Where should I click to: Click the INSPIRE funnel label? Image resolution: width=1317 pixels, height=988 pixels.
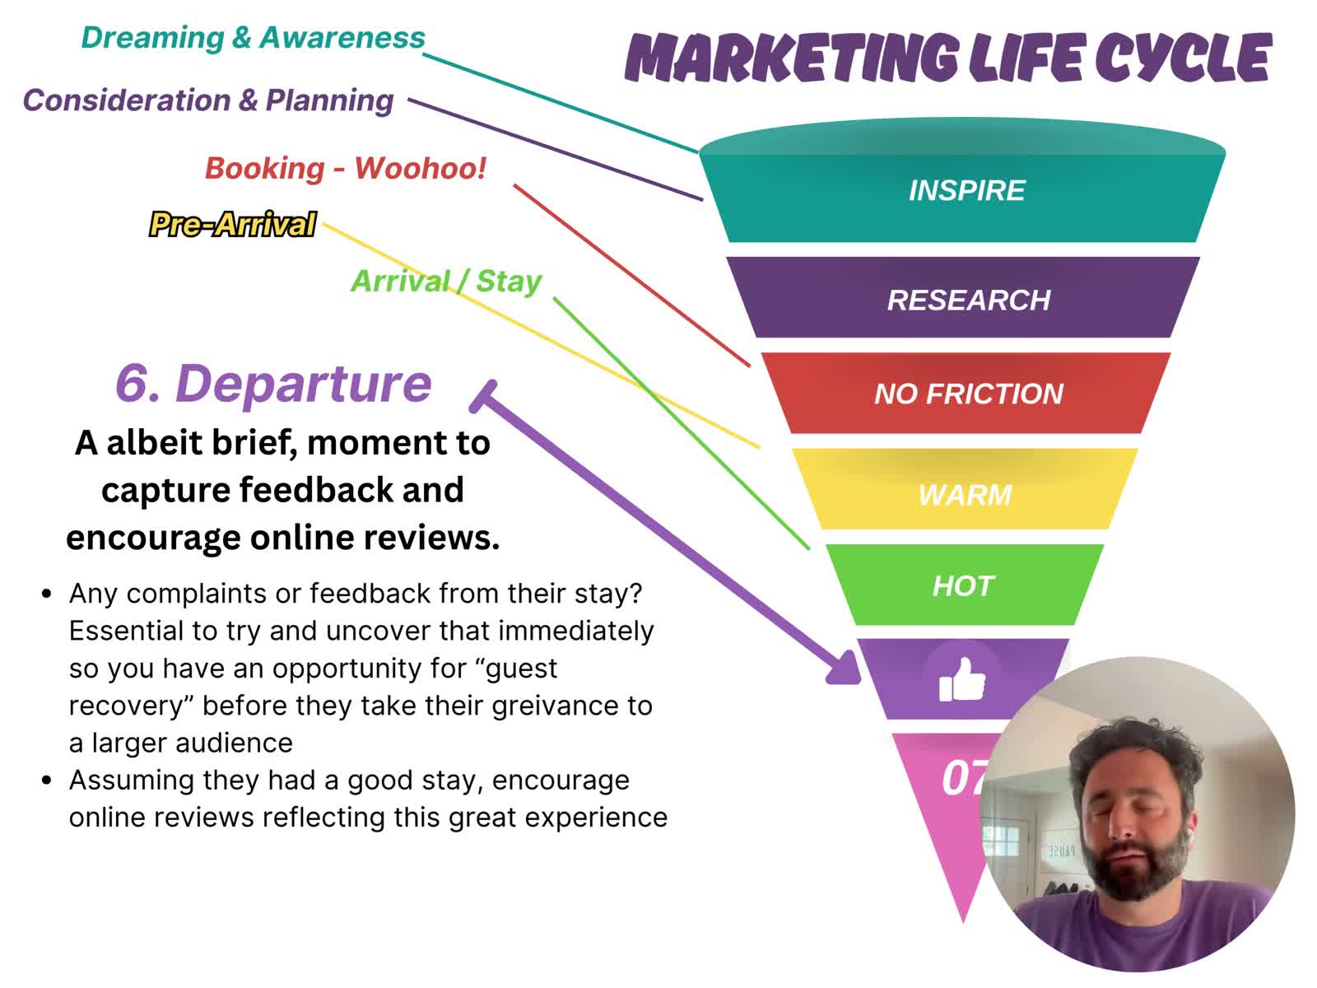point(966,191)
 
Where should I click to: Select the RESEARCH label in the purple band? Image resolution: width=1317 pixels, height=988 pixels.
point(968,300)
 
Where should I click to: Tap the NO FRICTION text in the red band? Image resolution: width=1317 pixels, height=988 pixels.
point(968,394)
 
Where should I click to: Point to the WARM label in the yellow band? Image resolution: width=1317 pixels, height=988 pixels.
point(965,496)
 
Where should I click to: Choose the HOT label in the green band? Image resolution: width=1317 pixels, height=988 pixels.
point(963,586)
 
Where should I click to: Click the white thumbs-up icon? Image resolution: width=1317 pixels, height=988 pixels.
point(961,680)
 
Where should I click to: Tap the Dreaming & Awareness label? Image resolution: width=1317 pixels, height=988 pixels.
point(253,38)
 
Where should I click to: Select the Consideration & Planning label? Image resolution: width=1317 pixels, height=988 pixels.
point(208,100)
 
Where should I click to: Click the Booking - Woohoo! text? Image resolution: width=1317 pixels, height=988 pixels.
point(346,168)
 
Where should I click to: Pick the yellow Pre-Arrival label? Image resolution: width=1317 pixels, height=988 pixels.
point(232,224)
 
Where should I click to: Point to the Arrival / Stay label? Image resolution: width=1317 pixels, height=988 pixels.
point(446,282)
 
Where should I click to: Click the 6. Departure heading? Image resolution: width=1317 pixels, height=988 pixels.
point(273,384)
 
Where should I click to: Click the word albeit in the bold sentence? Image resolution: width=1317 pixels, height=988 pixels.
point(158,443)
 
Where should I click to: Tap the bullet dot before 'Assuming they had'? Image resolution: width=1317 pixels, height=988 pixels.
point(47,781)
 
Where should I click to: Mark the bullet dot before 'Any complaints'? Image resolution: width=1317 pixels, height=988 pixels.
point(47,594)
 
